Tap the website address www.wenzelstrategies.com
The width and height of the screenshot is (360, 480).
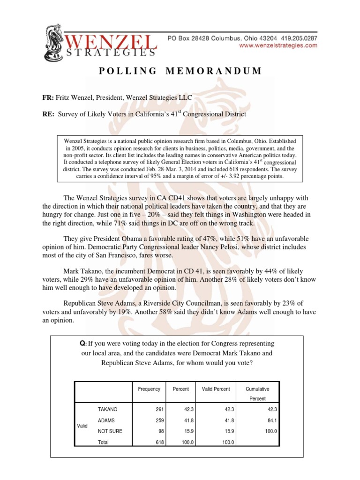[278, 46]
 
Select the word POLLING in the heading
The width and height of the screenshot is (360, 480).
[128, 71]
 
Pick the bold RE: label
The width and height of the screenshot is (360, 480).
[49, 114]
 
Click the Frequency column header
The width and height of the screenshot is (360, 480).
[149, 389]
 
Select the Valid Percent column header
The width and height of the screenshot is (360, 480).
[216, 389]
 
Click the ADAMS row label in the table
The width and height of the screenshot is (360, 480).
[106, 420]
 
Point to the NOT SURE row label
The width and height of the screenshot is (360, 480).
[110, 431]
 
